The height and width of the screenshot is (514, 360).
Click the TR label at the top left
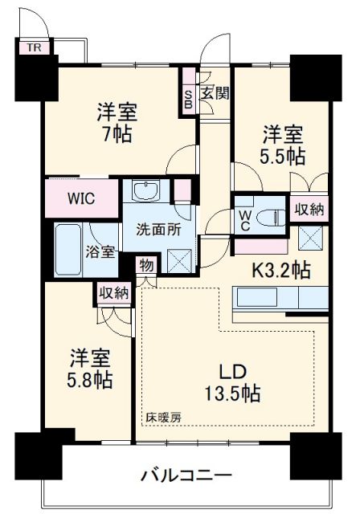(x=33, y=47)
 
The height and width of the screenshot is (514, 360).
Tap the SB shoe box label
(x=188, y=98)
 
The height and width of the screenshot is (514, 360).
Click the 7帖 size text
(x=116, y=135)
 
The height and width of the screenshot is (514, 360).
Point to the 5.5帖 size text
(x=282, y=156)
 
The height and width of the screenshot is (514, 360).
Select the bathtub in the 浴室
(x=71, y=248)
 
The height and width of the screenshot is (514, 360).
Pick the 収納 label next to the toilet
(x=309, y=210)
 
